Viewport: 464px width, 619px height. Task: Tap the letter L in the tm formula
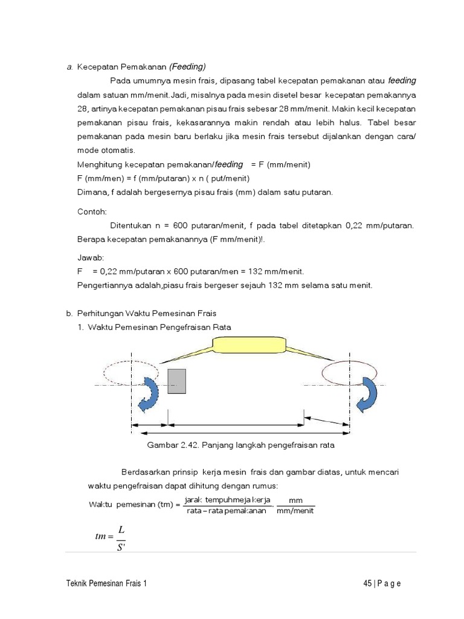121,528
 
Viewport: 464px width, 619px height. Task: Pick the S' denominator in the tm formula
121,547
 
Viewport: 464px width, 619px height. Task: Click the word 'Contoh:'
92,213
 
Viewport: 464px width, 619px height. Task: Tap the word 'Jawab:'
91,258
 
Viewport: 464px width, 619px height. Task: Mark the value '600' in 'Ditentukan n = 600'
181,225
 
